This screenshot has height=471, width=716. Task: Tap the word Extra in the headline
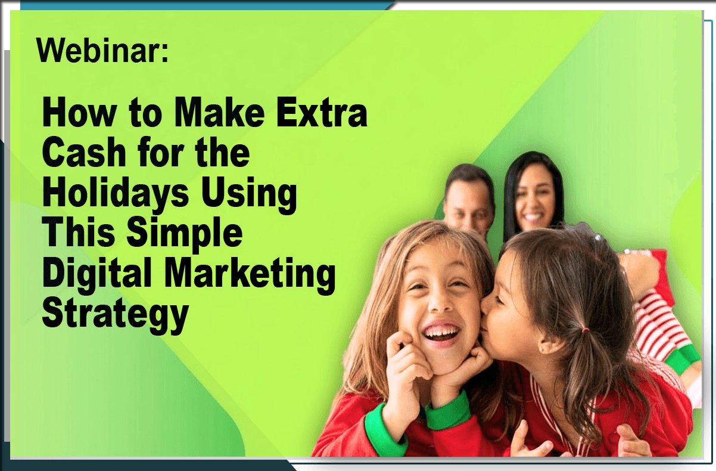pyautogui.click(x=322, y=113)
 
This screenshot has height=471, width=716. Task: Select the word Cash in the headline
pyautogui.click(x=84, y=152)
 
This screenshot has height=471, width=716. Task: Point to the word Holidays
pyautogui.click(x=116, y=194)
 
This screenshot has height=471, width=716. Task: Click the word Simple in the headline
pyautogui.click(x=185, y=233)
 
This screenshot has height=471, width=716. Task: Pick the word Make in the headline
pyautogui.click(x=219, y=113)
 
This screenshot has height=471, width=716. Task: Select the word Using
pyautogui.click(x=249, y=194)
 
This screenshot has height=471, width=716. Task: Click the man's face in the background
pyautogui.click(x=468, y=204)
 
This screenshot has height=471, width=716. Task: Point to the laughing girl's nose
pyautogui.click(x=440, y=303)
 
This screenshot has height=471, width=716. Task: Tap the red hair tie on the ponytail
pyautogui.click(x=586, y=330)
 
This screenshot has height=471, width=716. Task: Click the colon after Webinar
pyautogui.click(x=164, y=52)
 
